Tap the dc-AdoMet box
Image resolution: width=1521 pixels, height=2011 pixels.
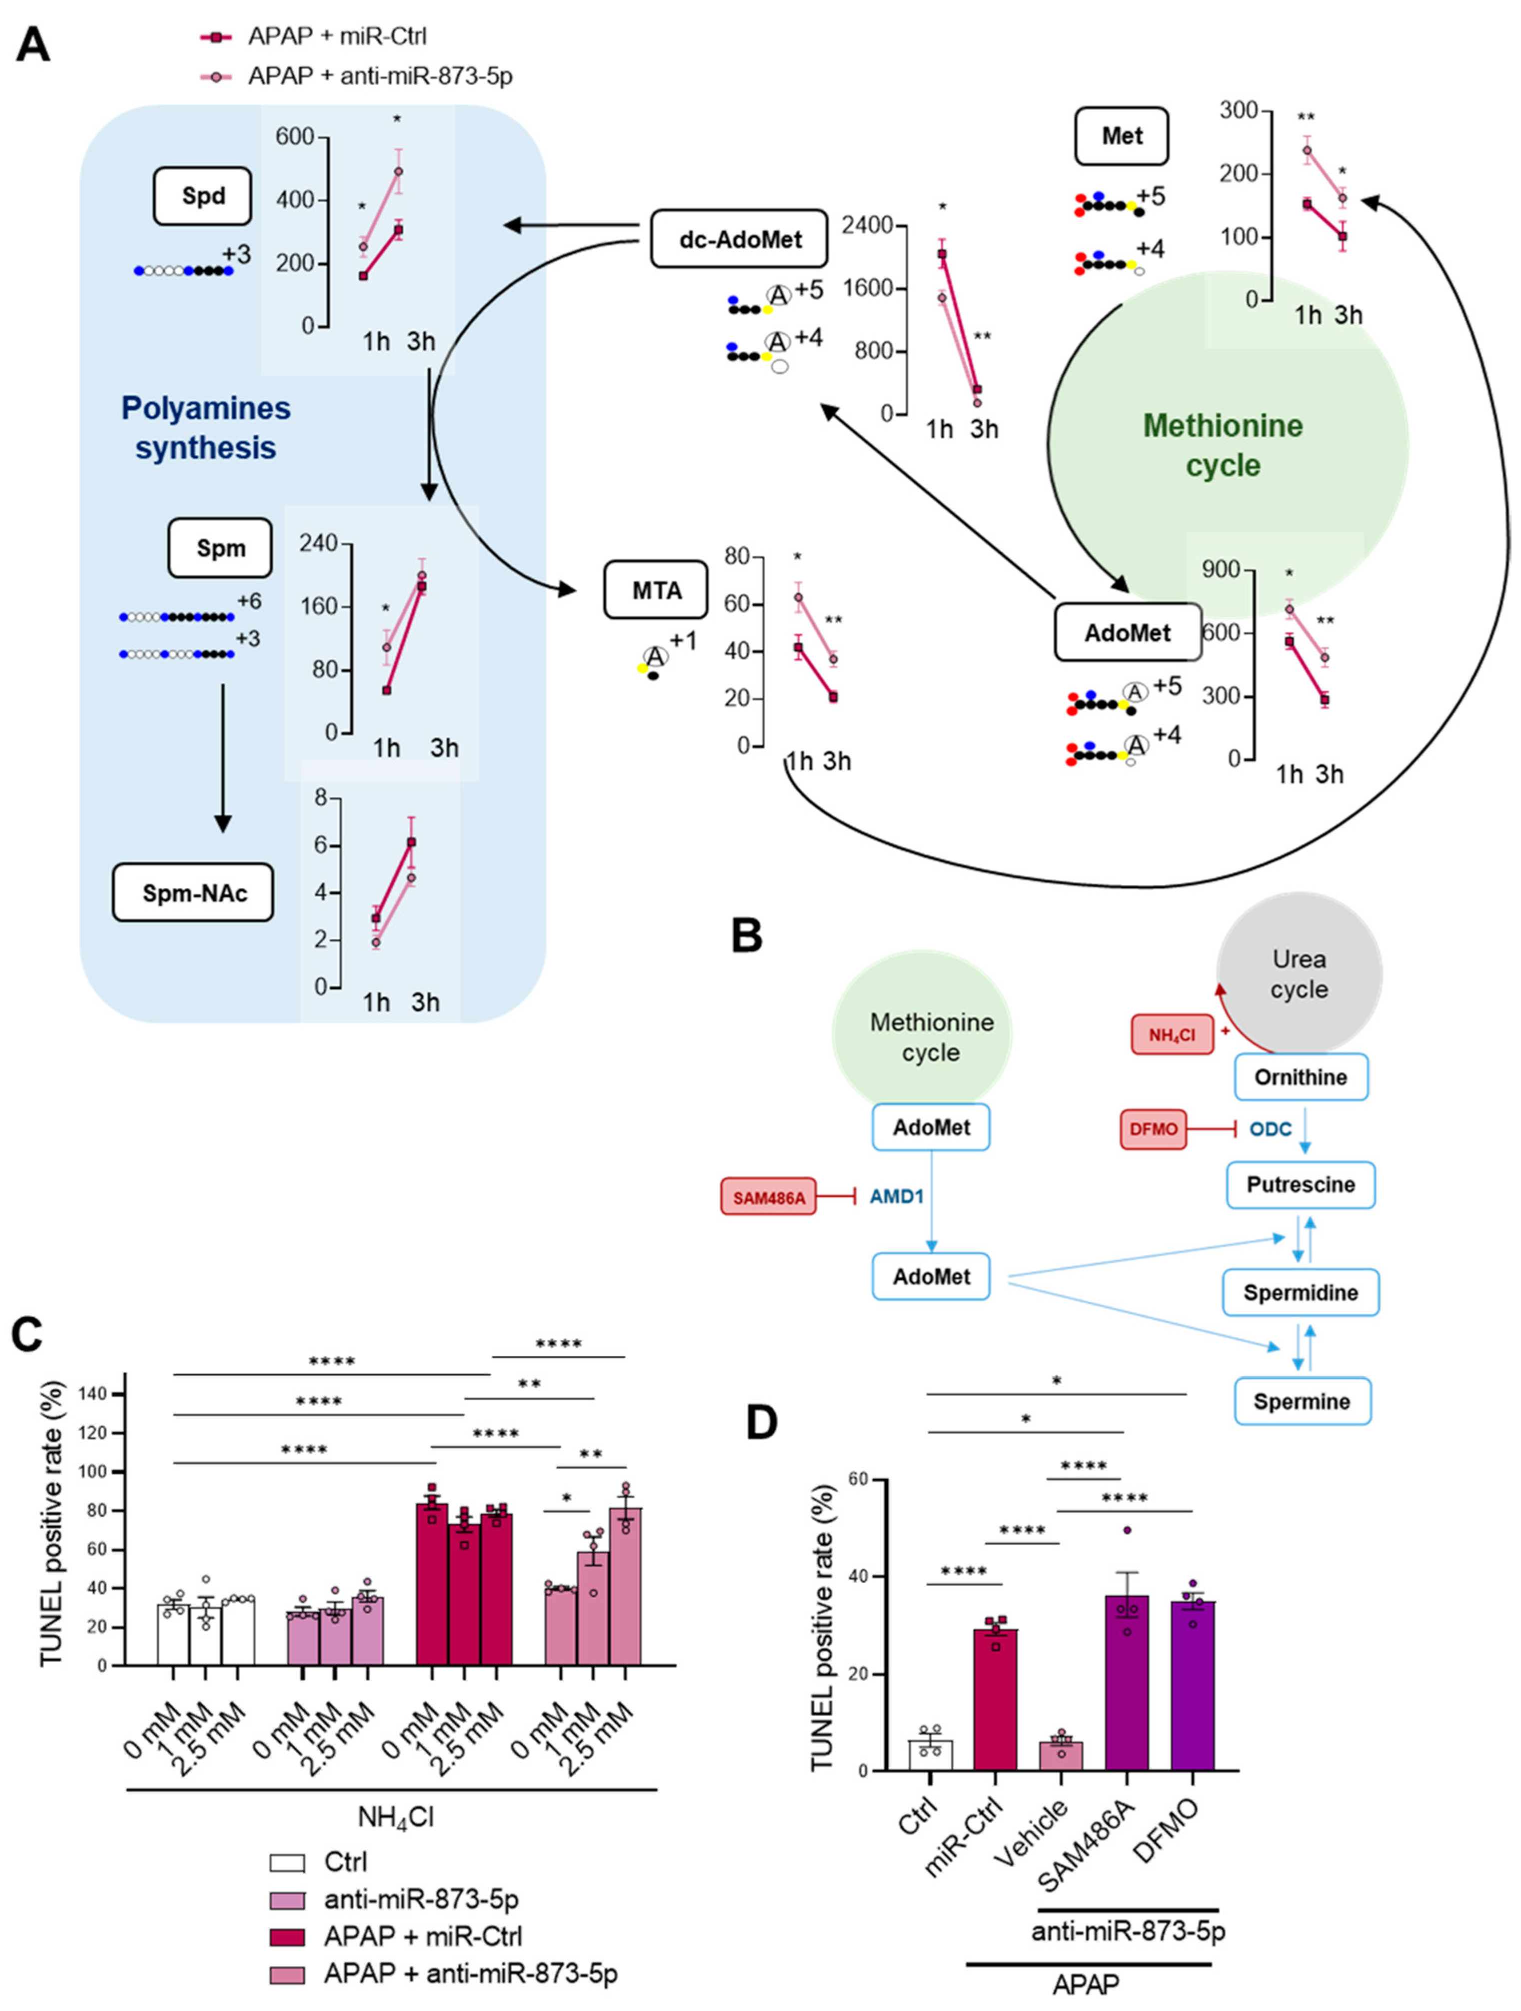pyautogui.click(x=739, y=238)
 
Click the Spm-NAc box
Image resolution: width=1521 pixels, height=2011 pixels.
pyautogui.click(x=193, y=893)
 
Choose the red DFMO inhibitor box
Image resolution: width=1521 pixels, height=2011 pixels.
pyautogui.click(x=1153, y=1129)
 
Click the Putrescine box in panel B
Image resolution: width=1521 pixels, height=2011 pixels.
pyautogui.click(x=1300, y=1184)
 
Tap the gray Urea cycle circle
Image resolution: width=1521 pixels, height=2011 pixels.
pyautogui.click(x=1299, y=974)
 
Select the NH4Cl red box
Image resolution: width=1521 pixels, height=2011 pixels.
pyautogui.click(x=1172, y=1034)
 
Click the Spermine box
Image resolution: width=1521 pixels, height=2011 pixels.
pyautogui.click(x=1302, y=1401)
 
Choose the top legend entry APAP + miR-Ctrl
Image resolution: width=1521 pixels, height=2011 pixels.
pyautogui.click(x=313, y=36)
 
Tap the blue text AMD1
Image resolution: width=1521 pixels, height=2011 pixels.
pyautogui.click(x=896, y=1196)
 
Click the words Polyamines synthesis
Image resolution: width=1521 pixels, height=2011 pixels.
pyautogui.click(x=206, y=427)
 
